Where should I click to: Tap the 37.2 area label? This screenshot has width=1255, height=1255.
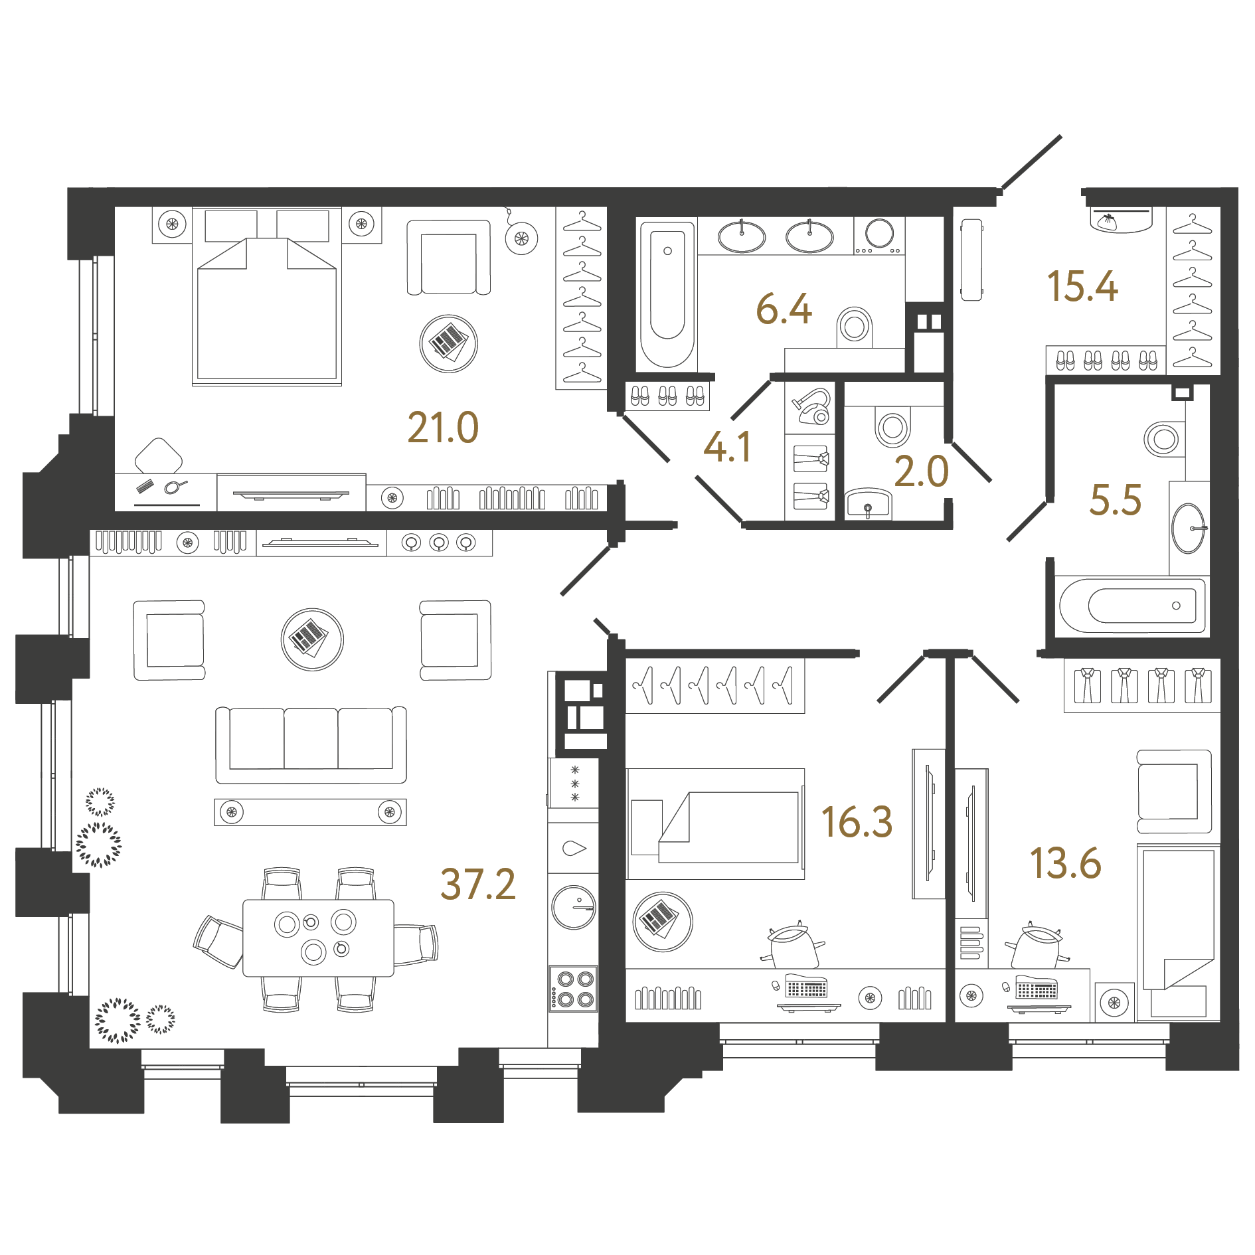tap(478, 884)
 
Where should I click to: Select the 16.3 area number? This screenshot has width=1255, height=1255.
tap(857, 822)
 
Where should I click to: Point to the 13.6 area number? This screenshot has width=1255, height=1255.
tap(1065, 863)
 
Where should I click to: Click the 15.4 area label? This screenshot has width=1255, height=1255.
tap(1082, 286)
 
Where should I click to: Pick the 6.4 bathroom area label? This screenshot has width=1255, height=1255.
tap(784, 309)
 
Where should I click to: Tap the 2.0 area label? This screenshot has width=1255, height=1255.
tap(921, 472)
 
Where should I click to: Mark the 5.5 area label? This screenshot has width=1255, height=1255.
tap(1116, 500)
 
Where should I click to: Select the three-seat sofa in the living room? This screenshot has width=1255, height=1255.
tap(311, 745)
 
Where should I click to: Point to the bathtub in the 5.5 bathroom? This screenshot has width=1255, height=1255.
tap(1132, 606)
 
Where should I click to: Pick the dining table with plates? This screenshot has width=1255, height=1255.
tap(318, 938)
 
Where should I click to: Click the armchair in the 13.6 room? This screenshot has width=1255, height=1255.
tap(1174, 792)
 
